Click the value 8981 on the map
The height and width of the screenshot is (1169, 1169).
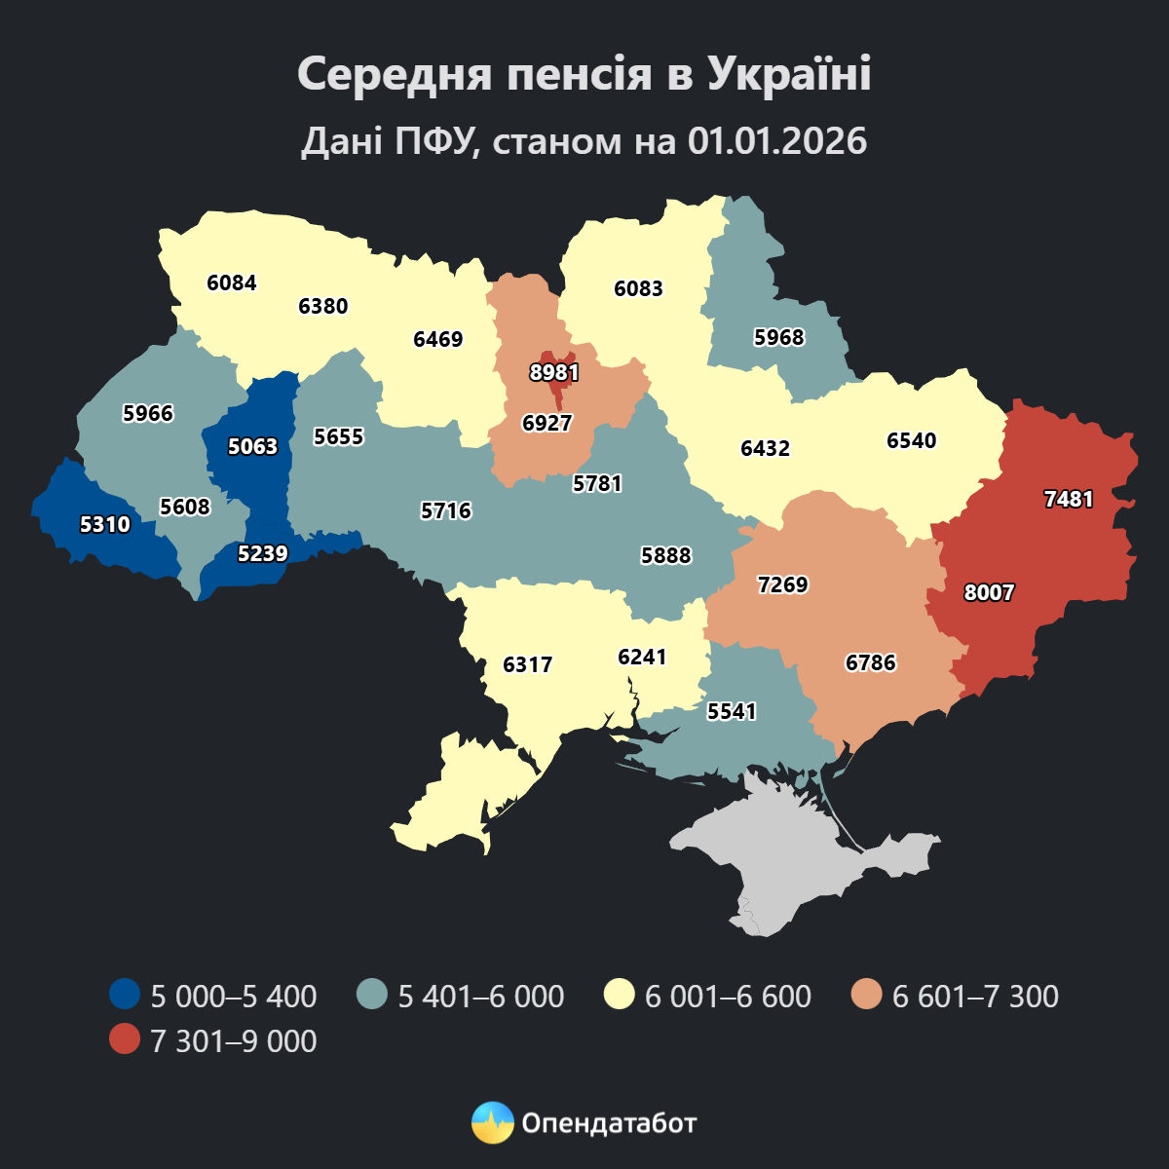pyautogui.click(x=554, y=373)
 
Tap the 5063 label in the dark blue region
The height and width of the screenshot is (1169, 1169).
pyautogui.click(x=252, y=447)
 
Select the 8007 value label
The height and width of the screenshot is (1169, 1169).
pyautogui.click(x=989, y=593)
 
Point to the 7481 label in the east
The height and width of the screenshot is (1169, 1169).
pyautogui.click(x=1069, y=500)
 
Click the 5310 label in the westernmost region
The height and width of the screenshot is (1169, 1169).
pyautogui.click(x=104, y=525)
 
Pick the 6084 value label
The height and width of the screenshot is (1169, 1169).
pyautogui.click(x=232, y=283)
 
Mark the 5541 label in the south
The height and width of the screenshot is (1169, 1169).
pyautogui.click(x=732, y=712)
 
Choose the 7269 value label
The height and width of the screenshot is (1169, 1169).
pyautogui.click(x=783, y=585)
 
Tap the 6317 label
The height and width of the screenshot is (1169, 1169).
pyautogui.click(x=527, y=665)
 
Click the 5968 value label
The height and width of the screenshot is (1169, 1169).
pyautogui.click(x=779, y=338)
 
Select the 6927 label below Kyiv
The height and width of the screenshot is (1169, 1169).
pyautogui.click(x=547, y=424)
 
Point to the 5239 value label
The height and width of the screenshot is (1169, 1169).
pyautogui.click(x=262, y=554)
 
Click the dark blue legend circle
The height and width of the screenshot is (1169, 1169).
pyautogui.click(x=125, y=996)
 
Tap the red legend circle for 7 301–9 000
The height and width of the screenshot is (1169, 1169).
pyautogui.click(x=125, y=1040)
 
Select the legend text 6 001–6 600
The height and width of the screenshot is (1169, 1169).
pyautogui.click(x=728, y=997)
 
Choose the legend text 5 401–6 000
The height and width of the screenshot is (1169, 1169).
pyautogui.click(x=480, y=997)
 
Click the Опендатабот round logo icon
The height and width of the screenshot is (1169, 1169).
pyautogui.click(x=492, y=1123)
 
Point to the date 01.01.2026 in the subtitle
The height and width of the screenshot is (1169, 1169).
pyautogui.click(x=776, y=141)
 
